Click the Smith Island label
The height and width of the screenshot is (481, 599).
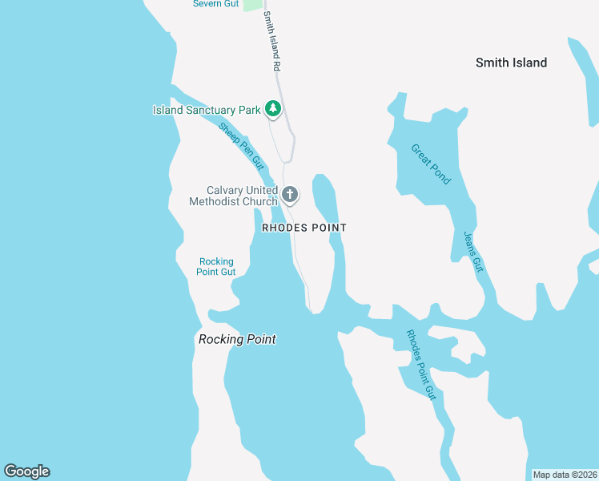click(x=511, y=63)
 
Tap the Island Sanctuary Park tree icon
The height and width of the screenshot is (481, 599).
click(x=273, y=108)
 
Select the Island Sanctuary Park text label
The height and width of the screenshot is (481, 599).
click(x=207, y=110)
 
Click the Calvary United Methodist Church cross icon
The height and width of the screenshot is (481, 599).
click(x=290, y=194)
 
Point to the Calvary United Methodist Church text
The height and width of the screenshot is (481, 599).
click(x=232, y=196)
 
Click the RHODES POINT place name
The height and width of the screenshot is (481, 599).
click(x=304, y=228)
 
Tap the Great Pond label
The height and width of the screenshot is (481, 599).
click(x=431, y=164)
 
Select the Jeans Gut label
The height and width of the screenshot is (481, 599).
click(x=474, y=252)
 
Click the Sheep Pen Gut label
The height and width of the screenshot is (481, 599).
click(x=241, y=145)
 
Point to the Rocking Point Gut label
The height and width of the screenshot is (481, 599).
click(x=216, y=266)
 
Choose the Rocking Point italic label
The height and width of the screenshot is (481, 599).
click(x=237, y=339)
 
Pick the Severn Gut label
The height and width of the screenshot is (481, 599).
click(x=215, y=4)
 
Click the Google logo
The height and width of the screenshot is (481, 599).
click(x=26, y=471)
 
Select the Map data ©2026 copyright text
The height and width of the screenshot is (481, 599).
click(x=565, y=475)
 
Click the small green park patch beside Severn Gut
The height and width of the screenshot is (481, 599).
click(x=252, y=4)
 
